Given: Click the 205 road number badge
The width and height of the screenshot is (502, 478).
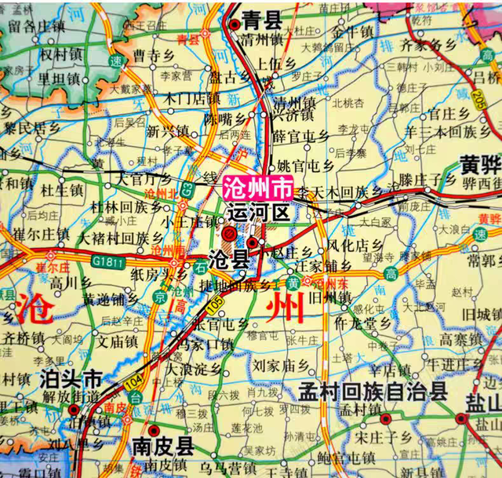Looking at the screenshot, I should coord(479,97).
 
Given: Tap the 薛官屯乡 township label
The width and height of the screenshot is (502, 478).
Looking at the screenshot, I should coord(300,137).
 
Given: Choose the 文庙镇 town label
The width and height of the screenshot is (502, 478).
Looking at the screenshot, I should coord(118,342).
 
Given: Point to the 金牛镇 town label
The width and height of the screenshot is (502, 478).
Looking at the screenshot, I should coord(351,33).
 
